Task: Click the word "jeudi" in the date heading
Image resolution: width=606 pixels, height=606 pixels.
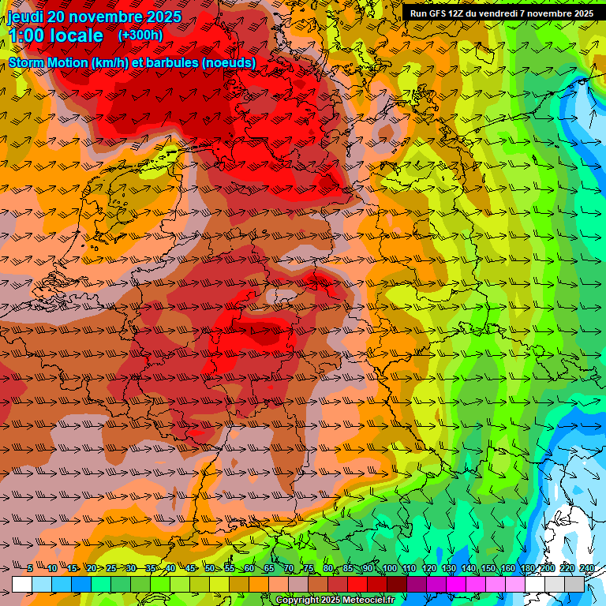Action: (x=25, y=17)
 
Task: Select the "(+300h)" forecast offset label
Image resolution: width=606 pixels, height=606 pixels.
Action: (x=140, y=36)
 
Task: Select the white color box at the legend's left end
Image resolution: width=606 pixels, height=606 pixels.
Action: (x=22, y=585)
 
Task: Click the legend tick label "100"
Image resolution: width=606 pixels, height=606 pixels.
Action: (x=388, y=568)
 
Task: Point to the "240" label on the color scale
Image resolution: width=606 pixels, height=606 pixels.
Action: (x=586, y=568)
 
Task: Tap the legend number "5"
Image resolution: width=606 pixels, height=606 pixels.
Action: (x=30, y=568)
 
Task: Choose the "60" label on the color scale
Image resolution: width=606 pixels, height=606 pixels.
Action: (x=249, y=568)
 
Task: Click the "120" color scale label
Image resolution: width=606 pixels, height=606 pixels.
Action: (x=428, y=568)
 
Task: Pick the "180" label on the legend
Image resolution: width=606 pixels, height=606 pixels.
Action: (x=527, y=568)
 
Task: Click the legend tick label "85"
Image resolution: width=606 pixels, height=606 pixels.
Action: (x=348, y=568)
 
